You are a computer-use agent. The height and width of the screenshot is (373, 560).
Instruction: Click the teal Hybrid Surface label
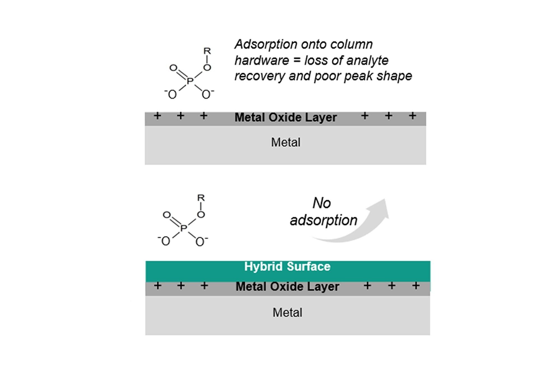(x=287, y=266)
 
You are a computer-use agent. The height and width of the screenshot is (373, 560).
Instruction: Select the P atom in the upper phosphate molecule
(x=190, y=81)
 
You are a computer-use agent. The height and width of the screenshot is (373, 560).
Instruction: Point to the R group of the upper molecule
(x=207, y=51)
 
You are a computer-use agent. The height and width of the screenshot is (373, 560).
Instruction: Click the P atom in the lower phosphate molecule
(x=184, y=228)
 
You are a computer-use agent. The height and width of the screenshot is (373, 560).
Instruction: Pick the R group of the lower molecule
(x=201, y=198)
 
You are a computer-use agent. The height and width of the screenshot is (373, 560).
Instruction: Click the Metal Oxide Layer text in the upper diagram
(x=286, y=118)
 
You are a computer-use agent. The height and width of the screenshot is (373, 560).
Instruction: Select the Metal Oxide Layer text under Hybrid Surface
(x=287, y=287)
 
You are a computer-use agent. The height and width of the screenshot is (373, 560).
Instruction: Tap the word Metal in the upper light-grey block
(x=286, y=142)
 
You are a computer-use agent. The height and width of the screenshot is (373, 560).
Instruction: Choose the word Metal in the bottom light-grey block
(x=288, y=313)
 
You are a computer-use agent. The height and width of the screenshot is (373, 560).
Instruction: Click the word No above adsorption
(x=322, y=203)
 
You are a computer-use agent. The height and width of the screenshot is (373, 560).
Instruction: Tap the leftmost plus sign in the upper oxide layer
(x=158, y=116)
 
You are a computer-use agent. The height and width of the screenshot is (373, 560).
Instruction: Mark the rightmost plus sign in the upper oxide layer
(x=412, y=116)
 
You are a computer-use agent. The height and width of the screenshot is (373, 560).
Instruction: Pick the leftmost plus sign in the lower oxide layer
(x=158, y=286)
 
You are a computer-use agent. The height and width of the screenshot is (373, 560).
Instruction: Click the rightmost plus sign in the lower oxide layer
(x=416, y=286)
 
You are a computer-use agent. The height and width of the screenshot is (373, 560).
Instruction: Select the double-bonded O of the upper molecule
(x=174, y=68)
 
